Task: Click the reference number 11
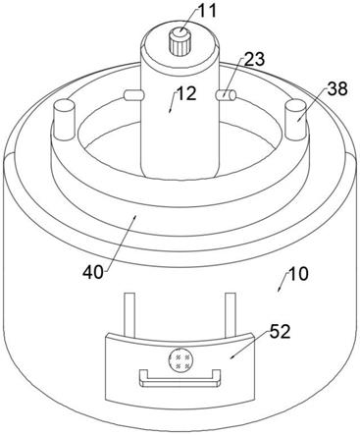(x=207, y=11)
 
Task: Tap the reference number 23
(x=254, y=61)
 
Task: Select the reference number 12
(x=186, y=94)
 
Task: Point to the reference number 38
(x=337, y=88)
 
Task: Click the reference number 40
(x=93, y=272)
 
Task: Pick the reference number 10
(x=298, y=274)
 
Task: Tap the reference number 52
(x=280, y=332)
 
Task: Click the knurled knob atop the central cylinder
(x=180, y=41)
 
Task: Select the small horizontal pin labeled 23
(x=226, y=95)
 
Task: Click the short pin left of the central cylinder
(x=134, y=95)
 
